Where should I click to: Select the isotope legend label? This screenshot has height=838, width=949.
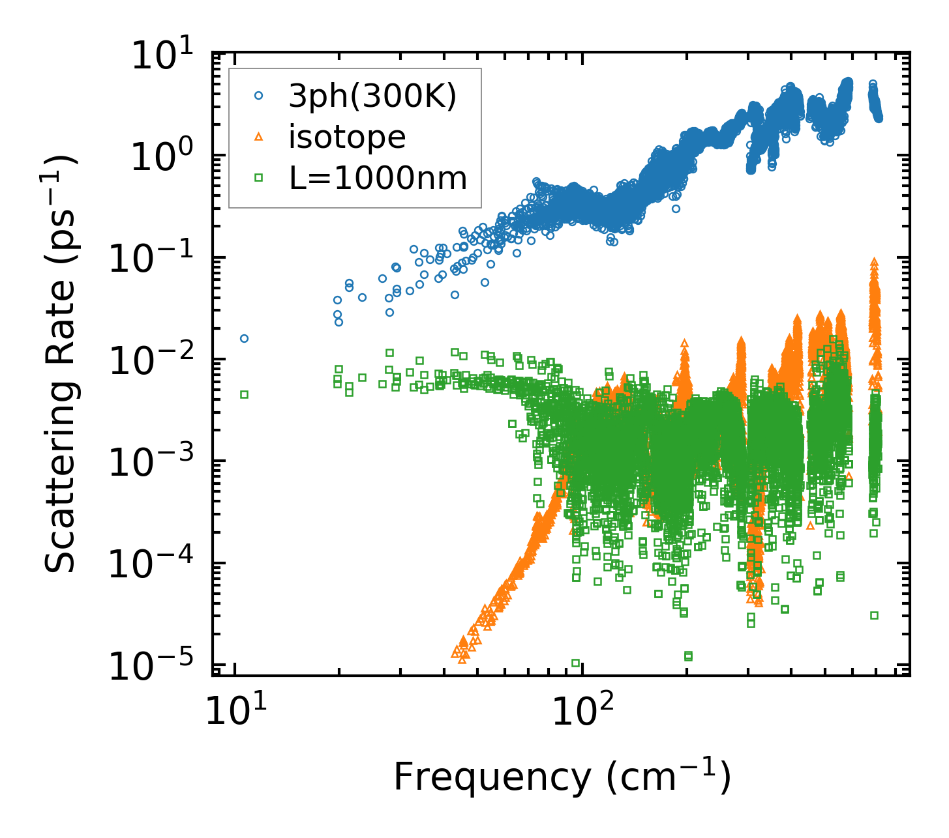click(x=348, y=137)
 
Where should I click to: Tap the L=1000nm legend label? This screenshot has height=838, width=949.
click(x=378, y=177)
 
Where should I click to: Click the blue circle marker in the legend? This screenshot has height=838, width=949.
click(x=259, y=95)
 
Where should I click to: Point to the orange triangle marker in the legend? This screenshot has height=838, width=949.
click(x=259, y=137)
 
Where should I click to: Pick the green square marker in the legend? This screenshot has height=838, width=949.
click(x=259, y=177)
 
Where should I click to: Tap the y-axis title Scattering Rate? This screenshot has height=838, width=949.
click(x=60, y=365)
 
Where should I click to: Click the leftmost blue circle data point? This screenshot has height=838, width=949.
click(x=244, y=338)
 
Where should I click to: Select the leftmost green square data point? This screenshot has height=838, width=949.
click(x=244, y=394)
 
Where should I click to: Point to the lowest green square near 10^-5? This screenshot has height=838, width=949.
click(x=575, y=663)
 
